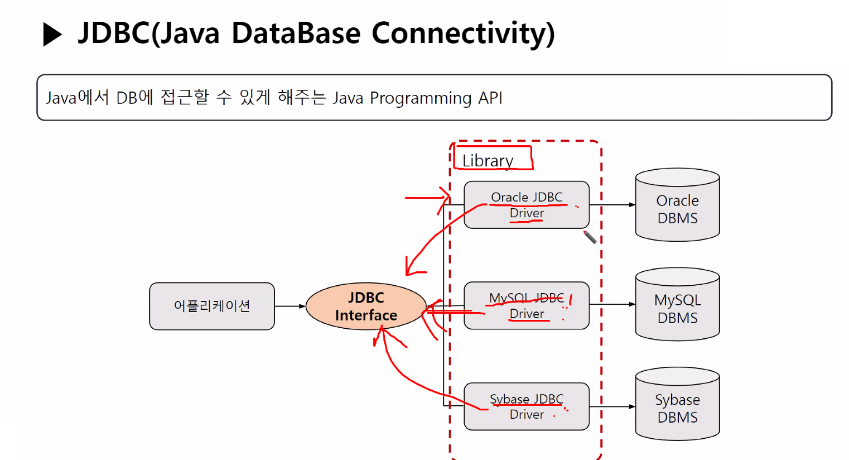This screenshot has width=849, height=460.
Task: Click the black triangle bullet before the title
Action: pyautogui.click(x=52, y=35)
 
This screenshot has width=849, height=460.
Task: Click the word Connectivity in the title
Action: pyautogui.click(x=463, y=33)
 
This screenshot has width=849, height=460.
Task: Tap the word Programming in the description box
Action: pyautogui.click(x=421, y=98)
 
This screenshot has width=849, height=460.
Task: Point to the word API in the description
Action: pyautogui.click(x=490, y=98)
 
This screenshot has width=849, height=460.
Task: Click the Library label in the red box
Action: pyautogui.click(x=488, y=161)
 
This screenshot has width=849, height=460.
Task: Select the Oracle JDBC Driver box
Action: pyautogui.click(x=527, y=205)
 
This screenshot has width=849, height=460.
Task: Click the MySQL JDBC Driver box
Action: pyautogui.click(x=527, y=305)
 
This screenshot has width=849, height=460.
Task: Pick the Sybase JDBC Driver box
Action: pyautogui.click(x=527, y=406)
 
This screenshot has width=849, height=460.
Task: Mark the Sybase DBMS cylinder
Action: pyautogui.click(x=677, y=405)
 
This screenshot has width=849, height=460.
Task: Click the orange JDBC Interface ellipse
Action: pyautogui.click(x=366, y=306)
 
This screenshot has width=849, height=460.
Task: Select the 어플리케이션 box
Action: pyautogui.click(x=212, y=306)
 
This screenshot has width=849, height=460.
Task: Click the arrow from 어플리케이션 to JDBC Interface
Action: pyautogui.click(x=290, y=306)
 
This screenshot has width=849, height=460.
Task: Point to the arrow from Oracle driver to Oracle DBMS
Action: pyautogui.click(x=612, y=205)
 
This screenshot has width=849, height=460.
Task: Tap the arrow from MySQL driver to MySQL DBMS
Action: pyautogui.click(x=612, y=304)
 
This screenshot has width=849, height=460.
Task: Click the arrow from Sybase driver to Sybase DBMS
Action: pyautogui.click(x=612, y=406)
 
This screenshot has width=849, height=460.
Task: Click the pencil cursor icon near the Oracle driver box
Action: pyautogui.click(x=590, y=237)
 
